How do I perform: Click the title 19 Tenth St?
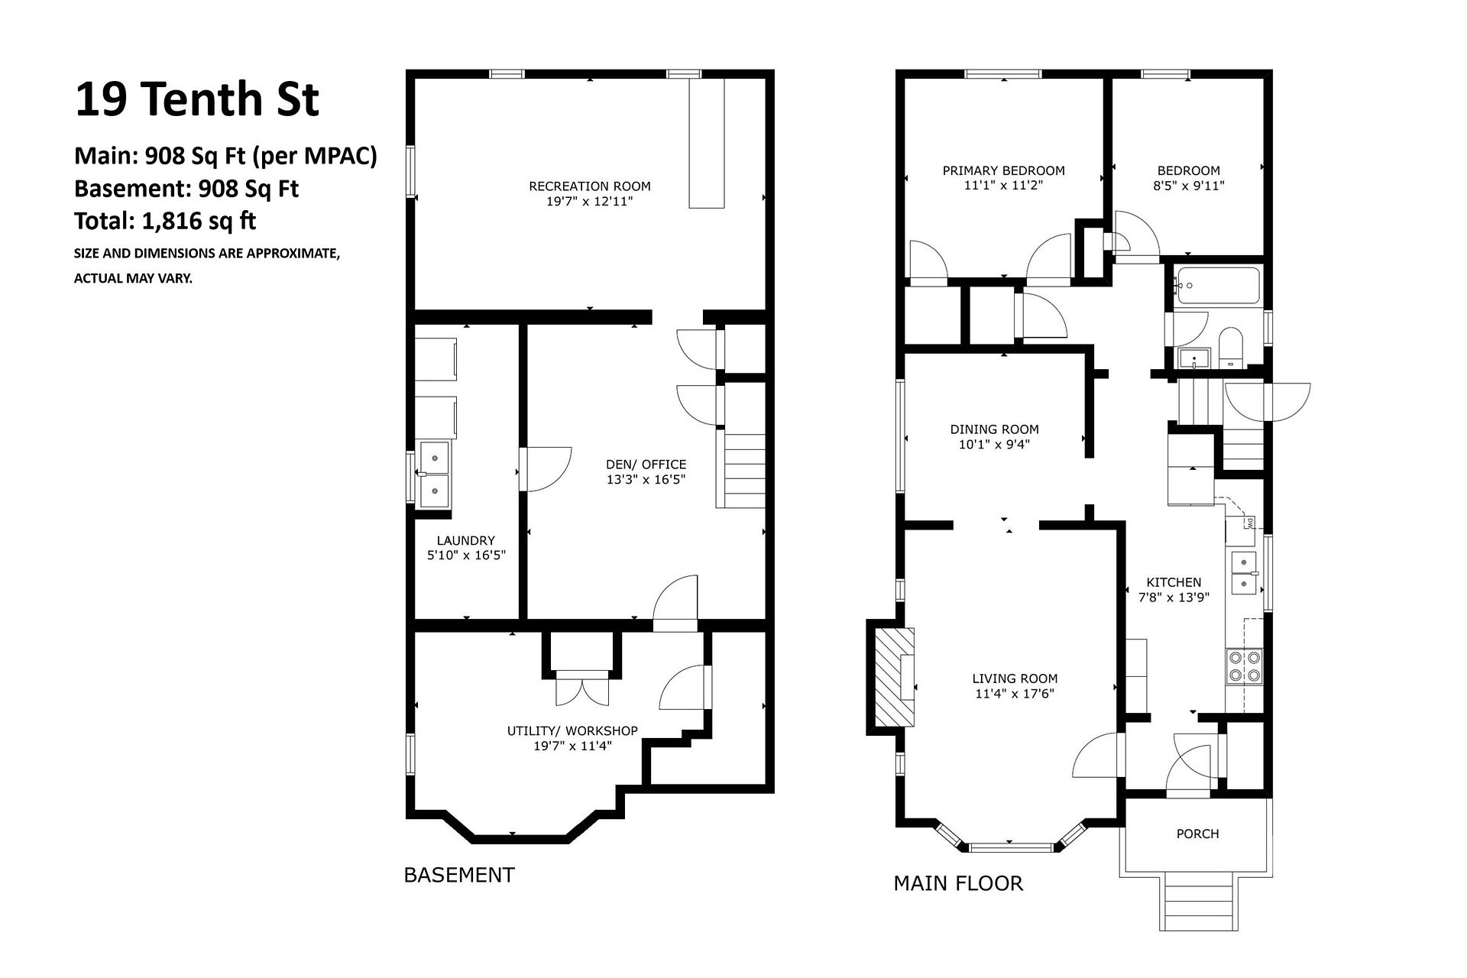coord(196,99)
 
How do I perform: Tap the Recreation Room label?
coord(590,186)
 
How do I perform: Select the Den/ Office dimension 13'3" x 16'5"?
coord(646,480)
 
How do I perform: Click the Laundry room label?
coord(466,540)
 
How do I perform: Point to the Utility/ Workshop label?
coord(572,730)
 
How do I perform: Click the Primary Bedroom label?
coord(1003,170)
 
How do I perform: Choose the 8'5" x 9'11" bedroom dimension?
coord(1188,185)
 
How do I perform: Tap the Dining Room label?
coord(994,429)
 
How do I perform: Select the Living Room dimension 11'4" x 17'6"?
coord(1015,694)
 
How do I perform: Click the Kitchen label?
coord(1174,582)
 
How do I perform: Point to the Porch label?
coord(1197,834)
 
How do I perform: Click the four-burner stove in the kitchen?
coord(1244,666)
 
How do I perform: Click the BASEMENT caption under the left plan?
coord(459,875)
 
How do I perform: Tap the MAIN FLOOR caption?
coord(958,883)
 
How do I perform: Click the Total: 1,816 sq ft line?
coord(165,221)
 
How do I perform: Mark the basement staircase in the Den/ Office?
coord(740,471)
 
